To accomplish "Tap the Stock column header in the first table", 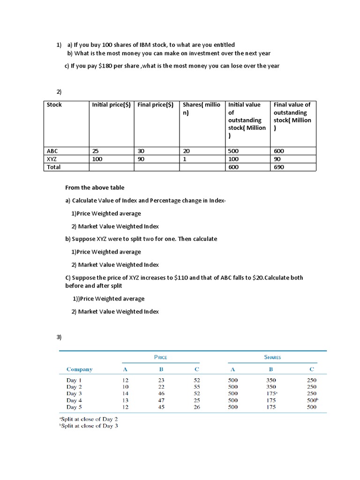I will click(54, 105).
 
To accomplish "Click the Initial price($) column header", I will click(111, 105).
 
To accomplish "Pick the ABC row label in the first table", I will click(52, 151).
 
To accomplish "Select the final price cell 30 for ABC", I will click(141, 151).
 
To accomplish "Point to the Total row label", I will click(53, 167).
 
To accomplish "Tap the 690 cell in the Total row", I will click(279, 167).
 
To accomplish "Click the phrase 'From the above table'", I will click(95, 188).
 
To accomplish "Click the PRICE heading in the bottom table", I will click(160, 357).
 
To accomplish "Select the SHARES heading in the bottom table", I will click(272, 357).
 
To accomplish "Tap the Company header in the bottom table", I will click(79, 369).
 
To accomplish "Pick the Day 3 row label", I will click(74, 394).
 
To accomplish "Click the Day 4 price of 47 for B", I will click(161, 400).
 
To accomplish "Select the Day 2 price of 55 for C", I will click(196, 387).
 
